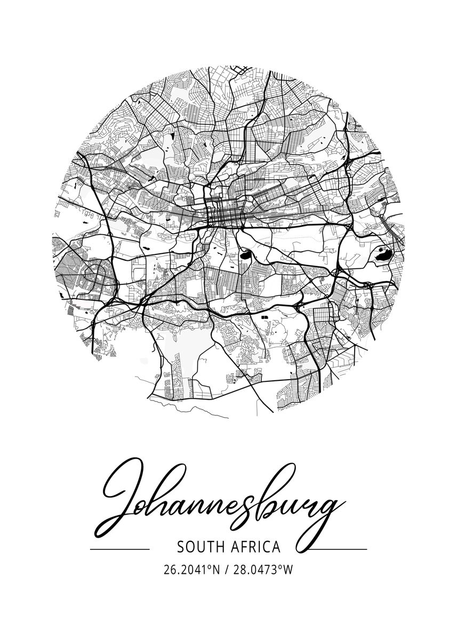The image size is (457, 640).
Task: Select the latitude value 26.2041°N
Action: (192, 570)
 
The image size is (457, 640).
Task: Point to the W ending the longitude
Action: (288, 570)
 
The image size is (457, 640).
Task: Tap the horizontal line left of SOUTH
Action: (119, 549)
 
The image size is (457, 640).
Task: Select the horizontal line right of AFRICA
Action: (338, 549)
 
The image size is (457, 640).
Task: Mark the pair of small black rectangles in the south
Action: (265, 317)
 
